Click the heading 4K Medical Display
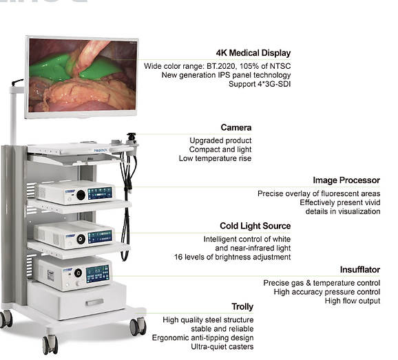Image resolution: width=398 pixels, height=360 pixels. point(253,53)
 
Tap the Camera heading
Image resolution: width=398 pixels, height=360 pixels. point(236,127)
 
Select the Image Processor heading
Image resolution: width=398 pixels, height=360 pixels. point(346,180)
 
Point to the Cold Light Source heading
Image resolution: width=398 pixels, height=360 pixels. point(255,226)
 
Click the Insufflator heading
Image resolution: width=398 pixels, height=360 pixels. point(360,269)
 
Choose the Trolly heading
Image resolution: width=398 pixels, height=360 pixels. point(242,307)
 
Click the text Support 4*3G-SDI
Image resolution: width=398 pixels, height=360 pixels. point(260,84)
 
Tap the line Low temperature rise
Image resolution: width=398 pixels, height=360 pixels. point(216,158)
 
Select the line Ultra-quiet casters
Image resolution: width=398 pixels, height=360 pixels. point(222,346)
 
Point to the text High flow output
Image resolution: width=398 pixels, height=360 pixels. point(353,301)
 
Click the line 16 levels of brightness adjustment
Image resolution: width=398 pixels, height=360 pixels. point(232,257)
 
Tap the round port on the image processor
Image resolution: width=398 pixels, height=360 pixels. point(81,195)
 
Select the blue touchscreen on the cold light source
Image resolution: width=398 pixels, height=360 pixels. point(100,237)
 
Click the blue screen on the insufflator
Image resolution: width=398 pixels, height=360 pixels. point(98,274)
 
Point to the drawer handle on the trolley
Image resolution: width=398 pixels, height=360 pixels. point(94,302)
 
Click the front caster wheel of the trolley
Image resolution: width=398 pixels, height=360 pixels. point(50,344)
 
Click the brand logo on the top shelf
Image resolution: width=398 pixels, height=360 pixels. point(101,151)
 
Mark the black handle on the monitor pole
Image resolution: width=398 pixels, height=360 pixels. point(17,82)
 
